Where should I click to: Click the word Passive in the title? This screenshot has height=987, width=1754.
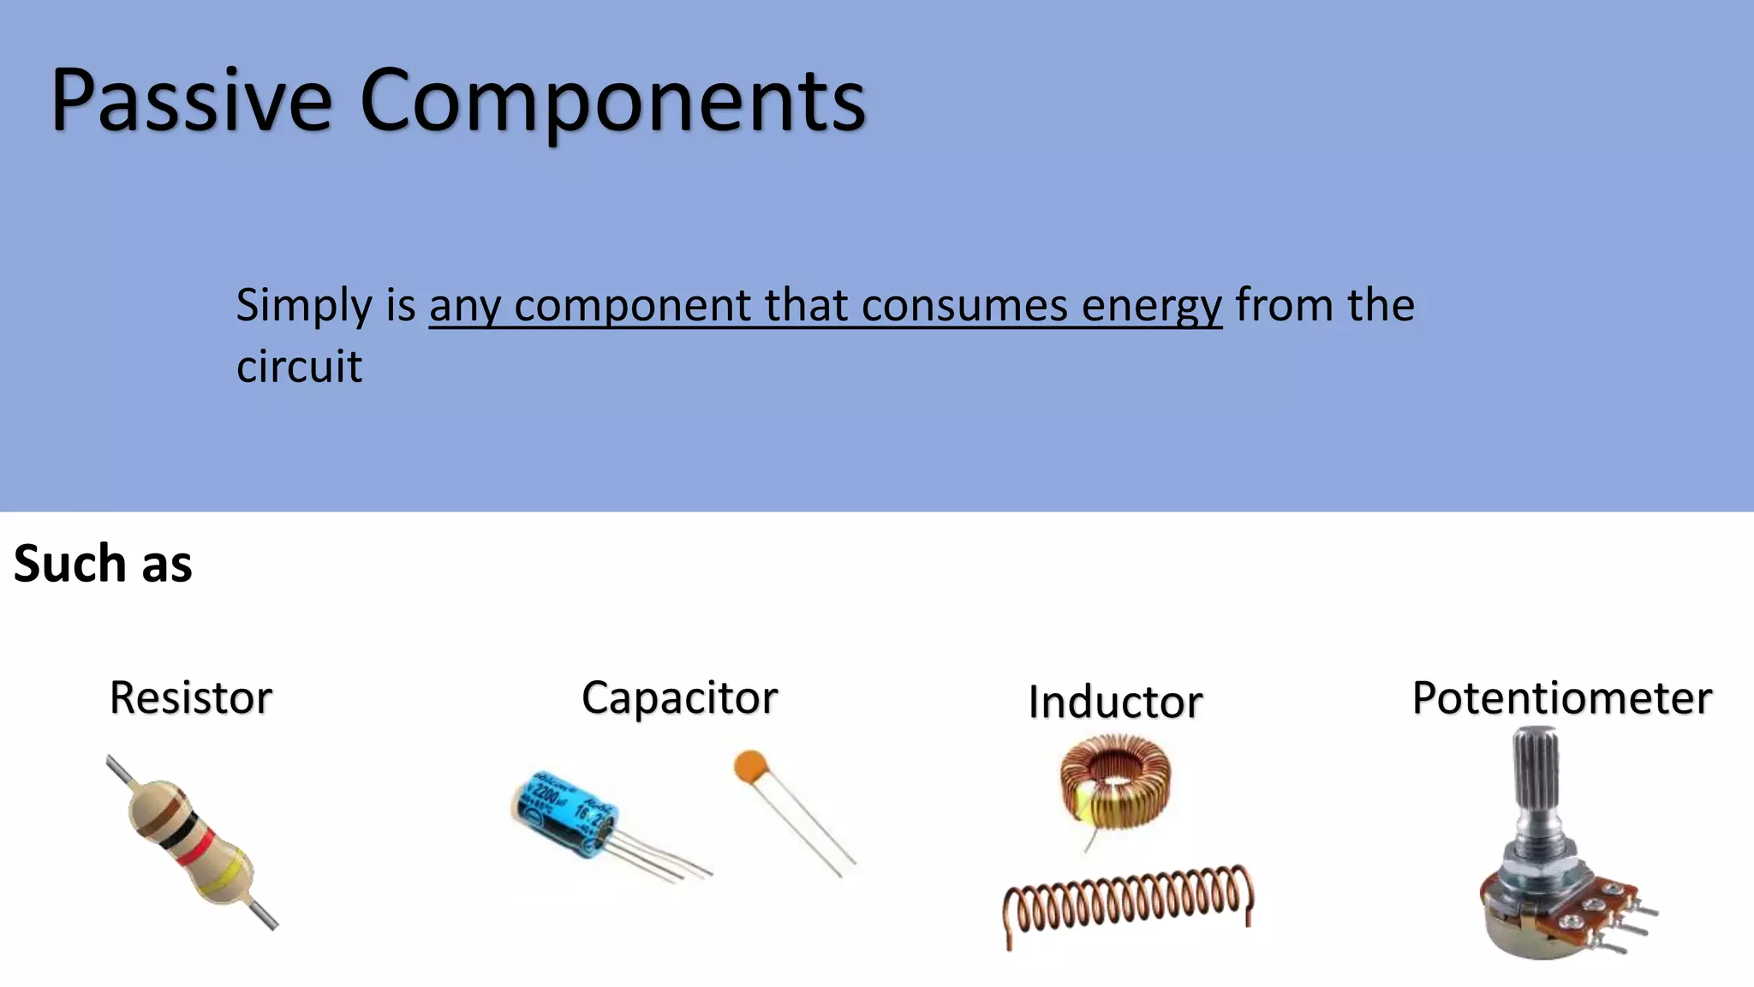[190, 101]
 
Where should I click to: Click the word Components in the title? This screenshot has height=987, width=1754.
[612, 101]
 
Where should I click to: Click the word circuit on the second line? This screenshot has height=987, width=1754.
[299, 367]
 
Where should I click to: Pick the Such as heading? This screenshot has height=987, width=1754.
[103, 564]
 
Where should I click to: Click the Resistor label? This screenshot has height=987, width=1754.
[190, 697]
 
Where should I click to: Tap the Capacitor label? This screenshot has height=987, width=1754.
[679, 697]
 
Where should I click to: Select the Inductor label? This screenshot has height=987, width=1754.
[1115, 702]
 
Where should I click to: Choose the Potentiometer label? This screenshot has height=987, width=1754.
[1561, 697]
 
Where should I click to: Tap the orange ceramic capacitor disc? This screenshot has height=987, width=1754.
[750, 765]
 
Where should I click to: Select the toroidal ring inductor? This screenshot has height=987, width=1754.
[1114, 781]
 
